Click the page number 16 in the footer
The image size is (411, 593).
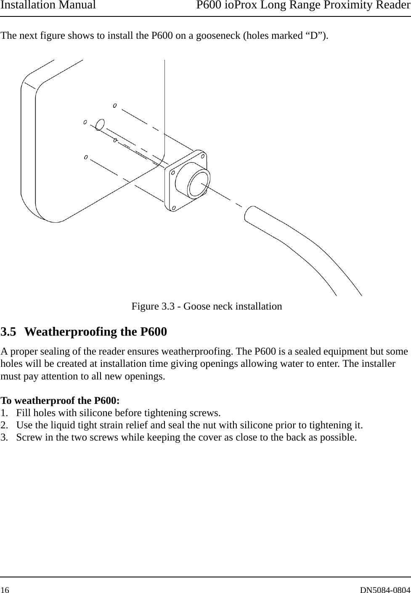(x=5, y=587)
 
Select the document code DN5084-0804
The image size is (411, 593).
(x=385, y=587)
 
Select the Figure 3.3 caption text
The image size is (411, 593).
(x=207, y=306)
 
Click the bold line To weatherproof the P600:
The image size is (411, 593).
(x=60, y=400)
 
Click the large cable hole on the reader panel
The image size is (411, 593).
(x=100, y=125)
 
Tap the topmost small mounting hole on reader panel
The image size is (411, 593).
(x=115, y=105)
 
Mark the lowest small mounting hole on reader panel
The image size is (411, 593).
(x=86, y=158)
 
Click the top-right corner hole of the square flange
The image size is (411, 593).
(x=203, y=156)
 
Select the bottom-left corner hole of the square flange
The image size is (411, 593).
(x=173, y=208)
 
